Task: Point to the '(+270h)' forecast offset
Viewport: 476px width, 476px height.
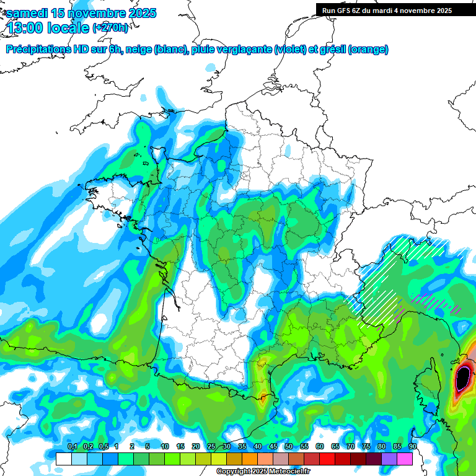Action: [110, 27]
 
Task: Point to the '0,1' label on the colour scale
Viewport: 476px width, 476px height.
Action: [72, 447]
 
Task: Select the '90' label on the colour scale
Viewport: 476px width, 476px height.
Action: [412, 447]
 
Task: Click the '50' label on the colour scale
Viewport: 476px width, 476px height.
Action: [289, 447]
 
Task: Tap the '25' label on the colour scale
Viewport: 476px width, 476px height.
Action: [211, 447]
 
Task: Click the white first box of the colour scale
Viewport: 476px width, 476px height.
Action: [63, 459]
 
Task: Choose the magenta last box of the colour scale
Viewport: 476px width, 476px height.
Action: [405, 459]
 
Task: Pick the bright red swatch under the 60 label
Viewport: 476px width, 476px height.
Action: [327, 459]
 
